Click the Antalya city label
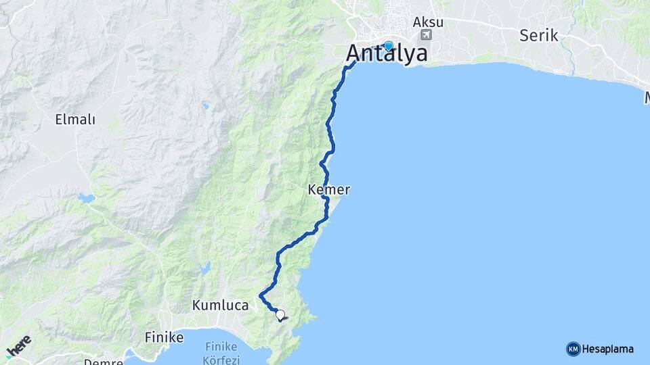[387, 53]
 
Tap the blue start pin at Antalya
[388, 46]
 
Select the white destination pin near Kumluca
[280, 314]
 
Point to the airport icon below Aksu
[426, 35]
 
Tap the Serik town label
[539, 35]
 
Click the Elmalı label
[75, 120]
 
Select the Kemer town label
[328, 190]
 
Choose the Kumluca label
[221, 305]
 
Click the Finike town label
[163, 335]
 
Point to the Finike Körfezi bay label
[222, 353]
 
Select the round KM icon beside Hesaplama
[573, 349]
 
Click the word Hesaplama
[609, 349]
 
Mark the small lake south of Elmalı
[86, 199]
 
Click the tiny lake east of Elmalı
[204, 105]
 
